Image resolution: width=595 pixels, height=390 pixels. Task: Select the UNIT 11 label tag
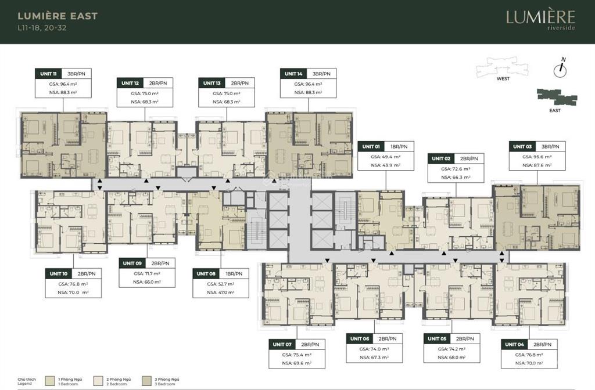pyautogui.click(x=48, y=74)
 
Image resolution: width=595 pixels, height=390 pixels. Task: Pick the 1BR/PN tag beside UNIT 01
pyautogui.click(x=399, y=146)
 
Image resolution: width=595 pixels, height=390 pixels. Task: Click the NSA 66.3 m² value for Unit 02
pyautogui.click(x=456, y=177)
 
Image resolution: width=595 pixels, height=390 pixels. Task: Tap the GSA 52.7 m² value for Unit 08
pyautogui.click(x=220, y=284)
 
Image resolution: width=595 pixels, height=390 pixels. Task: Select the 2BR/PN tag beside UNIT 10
pyautogui.click(x=87, y=273)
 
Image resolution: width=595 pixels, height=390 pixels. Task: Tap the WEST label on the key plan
pyautogui.click(x=503, y=79)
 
